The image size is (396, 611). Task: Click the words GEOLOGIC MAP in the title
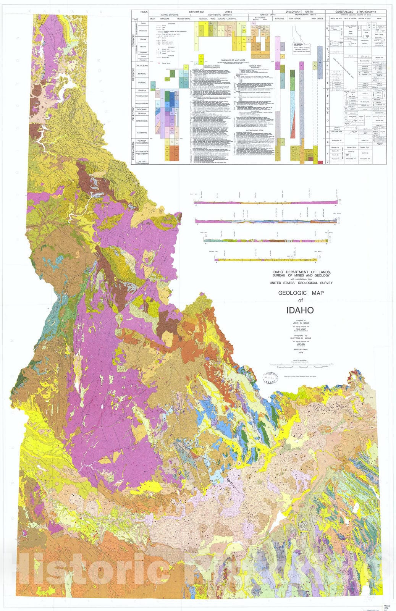coord(301,293)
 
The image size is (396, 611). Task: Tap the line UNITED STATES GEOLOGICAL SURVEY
coord(301,283)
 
